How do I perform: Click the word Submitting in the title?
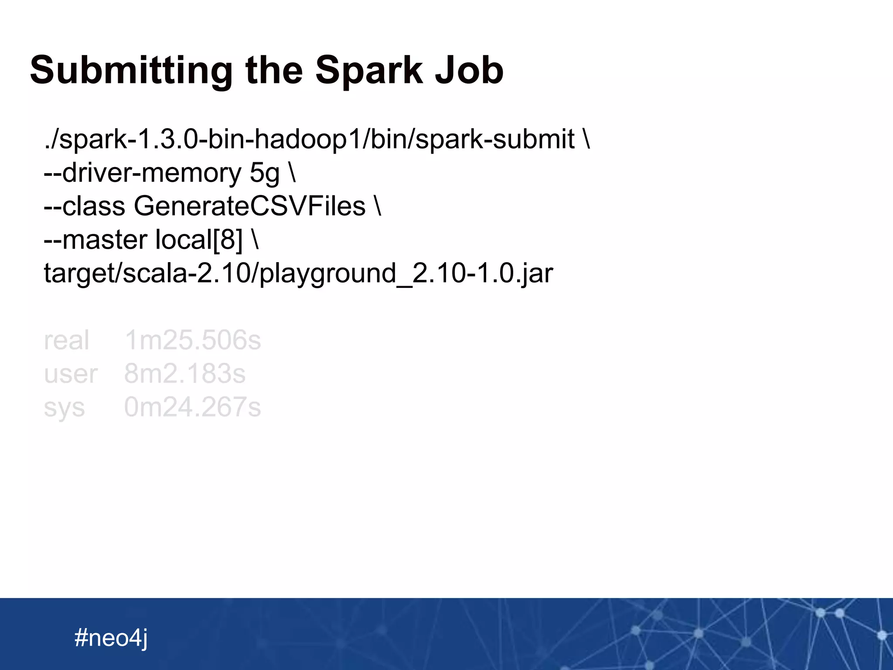131,71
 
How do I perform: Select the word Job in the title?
469,71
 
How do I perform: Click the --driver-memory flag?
142,173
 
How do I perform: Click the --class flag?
85,206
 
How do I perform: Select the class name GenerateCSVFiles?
249,206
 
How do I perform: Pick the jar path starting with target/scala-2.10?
298,273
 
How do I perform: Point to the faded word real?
66,340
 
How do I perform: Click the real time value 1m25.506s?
193,340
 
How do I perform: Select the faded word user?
71,374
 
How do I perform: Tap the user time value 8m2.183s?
185,374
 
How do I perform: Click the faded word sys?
64,408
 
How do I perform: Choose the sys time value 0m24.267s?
192,407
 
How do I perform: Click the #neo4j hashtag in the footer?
111,638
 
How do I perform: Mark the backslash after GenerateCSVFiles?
378,206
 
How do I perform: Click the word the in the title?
274,71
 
